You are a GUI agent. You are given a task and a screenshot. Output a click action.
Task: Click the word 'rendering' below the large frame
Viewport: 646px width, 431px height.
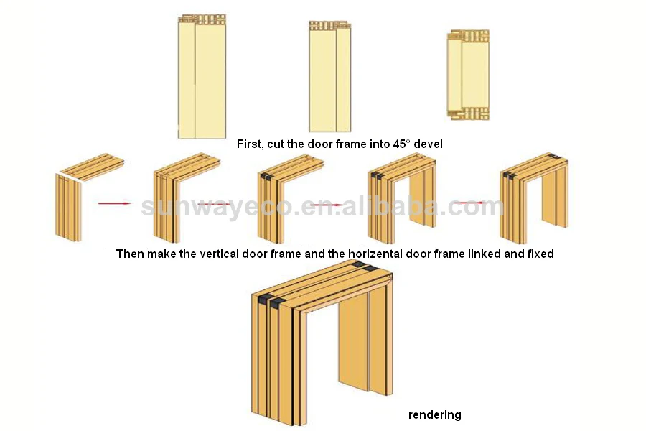click(435, 414)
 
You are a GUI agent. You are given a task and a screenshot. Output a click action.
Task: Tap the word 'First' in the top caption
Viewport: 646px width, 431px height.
click(249, 144)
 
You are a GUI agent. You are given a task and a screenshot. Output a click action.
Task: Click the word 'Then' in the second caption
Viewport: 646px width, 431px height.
click(129, 254)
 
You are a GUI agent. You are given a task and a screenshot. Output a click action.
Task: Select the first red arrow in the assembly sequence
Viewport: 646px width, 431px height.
click(115, 204)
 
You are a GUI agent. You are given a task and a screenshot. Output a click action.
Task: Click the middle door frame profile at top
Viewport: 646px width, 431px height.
click(329, 76)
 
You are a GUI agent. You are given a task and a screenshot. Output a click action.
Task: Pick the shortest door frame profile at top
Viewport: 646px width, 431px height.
click(468, 74)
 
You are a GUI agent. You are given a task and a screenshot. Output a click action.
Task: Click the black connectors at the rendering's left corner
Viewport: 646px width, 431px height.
click(269, 300)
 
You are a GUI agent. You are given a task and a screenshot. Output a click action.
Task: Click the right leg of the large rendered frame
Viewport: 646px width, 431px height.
click(380, 341)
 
